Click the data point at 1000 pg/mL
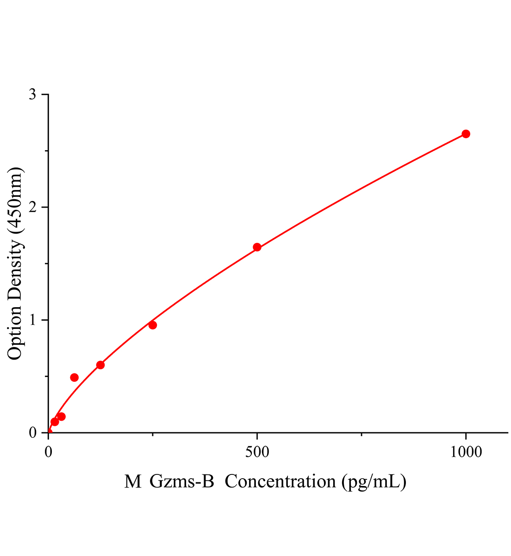[x=466, y=134]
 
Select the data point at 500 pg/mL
[x=257, y=247]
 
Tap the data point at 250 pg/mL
[x=153, y=325]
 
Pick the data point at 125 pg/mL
[x=100, y=365]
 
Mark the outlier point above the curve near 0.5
[x=75, y=377]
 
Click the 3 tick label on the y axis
[x=32, y=95]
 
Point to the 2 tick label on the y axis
[x=32, y=207]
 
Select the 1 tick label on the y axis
[x=32, y=320]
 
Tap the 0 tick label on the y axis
[x=32, y=432]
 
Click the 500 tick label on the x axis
[x=257, y=452]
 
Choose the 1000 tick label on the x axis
[x=466, y=452]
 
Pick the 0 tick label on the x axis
[x=49, y=452]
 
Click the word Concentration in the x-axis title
[x=280, y=482]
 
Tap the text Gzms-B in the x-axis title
[x=182, y=482]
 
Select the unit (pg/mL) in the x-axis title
[x=373, y=482]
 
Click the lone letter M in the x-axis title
[x=133, y=482]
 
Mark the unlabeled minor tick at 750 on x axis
[x=361, y=434]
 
